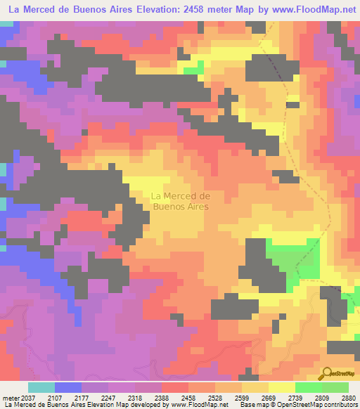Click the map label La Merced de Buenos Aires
(x=181, y=201)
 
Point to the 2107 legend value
(x=68, y=397)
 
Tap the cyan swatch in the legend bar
(x=41, y=387)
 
